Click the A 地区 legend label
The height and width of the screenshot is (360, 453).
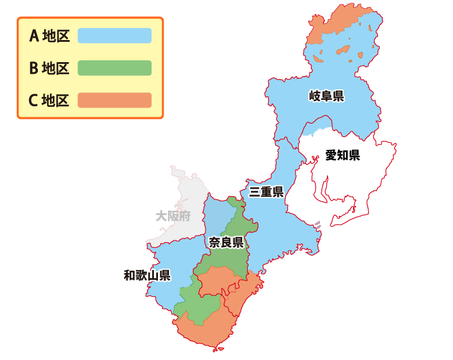[x=49, y=37]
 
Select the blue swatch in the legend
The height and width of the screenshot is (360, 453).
[x=114, y=36]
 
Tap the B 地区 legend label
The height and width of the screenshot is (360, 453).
[x=49, y=69]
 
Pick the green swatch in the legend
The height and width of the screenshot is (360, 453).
[x=114, y=68]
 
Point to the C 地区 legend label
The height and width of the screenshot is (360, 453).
[x=49, y=100]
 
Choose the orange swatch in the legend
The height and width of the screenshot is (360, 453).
[x=114, y=100]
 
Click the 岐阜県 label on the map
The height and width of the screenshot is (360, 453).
[x=326, y=96]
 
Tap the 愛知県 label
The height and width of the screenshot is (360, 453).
[x=342, y=155]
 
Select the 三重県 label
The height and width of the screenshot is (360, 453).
[x=266, y=192]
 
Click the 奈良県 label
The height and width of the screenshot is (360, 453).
[x=225, y=242]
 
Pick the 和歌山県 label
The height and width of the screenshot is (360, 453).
[x=147, y=275]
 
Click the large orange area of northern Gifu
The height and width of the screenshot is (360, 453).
[x=340, y=20]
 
